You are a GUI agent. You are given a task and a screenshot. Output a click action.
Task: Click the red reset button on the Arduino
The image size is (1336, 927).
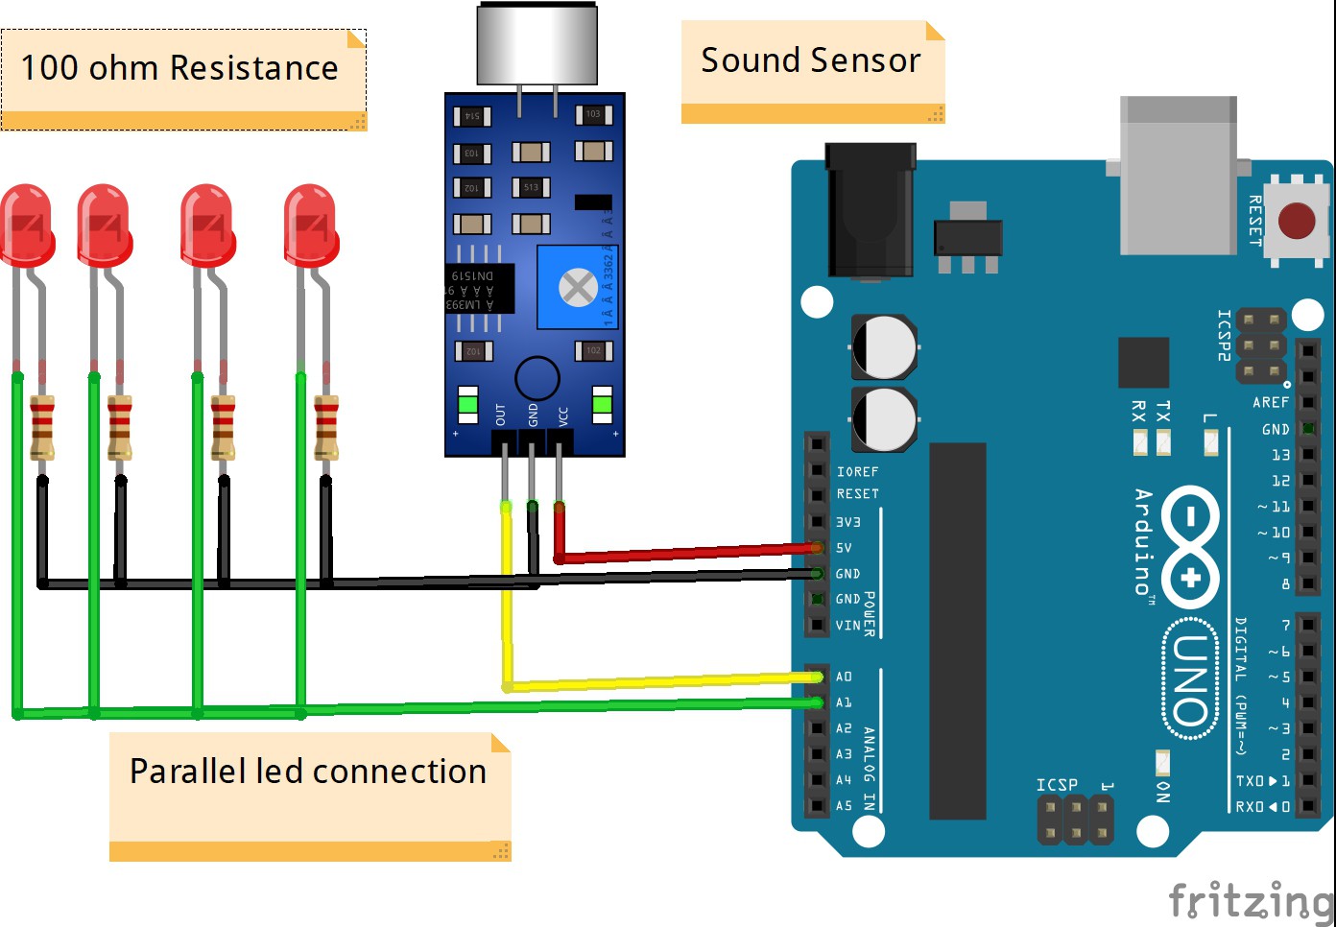click(1296, 221)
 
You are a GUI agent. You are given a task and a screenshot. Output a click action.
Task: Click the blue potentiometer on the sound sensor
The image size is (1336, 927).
click(577, 287)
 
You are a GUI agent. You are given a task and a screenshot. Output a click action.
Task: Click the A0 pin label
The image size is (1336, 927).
click(844, 677)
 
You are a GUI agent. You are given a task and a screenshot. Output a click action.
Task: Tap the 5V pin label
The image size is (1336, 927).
click(844, 548)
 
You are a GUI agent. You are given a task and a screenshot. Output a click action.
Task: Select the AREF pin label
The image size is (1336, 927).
click(1271, 403)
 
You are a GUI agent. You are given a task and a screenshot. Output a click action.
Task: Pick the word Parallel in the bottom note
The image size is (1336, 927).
click(186, 772)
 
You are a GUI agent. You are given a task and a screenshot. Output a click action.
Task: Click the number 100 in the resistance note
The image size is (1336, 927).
click(49, 68)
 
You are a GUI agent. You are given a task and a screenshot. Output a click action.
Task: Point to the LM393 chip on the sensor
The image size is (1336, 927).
click(480, 289)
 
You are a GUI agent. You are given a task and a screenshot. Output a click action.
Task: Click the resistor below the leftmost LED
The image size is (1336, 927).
click(42, 427)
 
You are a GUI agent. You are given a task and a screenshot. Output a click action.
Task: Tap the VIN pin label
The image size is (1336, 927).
click(847, 626)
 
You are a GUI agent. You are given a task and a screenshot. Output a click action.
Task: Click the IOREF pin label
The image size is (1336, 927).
click(857, 472)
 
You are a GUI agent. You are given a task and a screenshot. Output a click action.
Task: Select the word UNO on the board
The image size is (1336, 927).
click(1190, 680)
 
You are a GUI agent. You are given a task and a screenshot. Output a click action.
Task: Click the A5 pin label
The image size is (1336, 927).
click(844, 806)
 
